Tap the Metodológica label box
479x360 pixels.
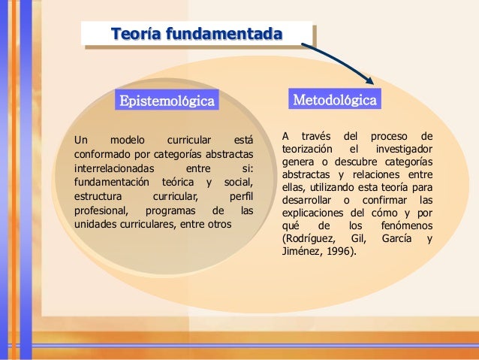[x=335, y=100]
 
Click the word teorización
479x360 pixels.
[x=309, y=150]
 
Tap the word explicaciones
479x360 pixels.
[x=315, y=213]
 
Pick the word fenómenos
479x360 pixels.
[x=408, y=225]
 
